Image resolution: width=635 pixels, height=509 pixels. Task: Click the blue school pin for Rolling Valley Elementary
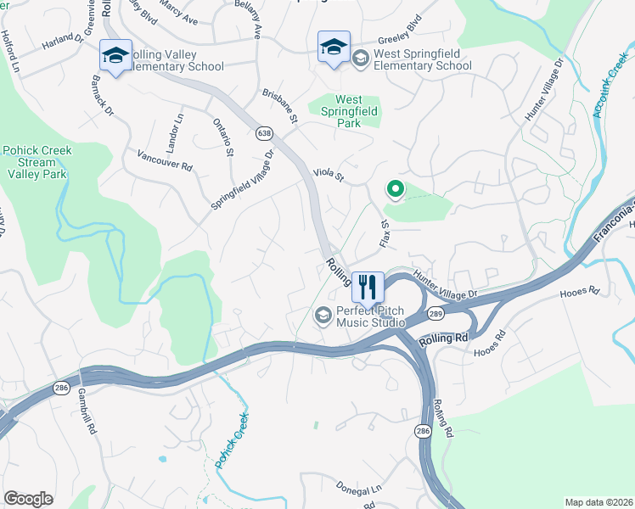pos(115,56)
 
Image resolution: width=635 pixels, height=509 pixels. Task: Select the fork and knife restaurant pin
pos(368,287)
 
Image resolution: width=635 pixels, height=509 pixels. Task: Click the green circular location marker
pos(394,189)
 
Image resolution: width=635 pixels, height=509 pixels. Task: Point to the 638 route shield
pos(263,133)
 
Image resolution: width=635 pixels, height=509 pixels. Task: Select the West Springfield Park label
pos(348,111)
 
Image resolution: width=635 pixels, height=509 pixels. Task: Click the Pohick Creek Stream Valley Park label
pos(37,162)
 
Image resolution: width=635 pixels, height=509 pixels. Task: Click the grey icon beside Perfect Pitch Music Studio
pos(323,316)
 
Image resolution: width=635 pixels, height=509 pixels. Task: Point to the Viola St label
pos(328,177)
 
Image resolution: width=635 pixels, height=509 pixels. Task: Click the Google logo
pos(28,499)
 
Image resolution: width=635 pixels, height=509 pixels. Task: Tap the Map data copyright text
pos(598,502)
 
